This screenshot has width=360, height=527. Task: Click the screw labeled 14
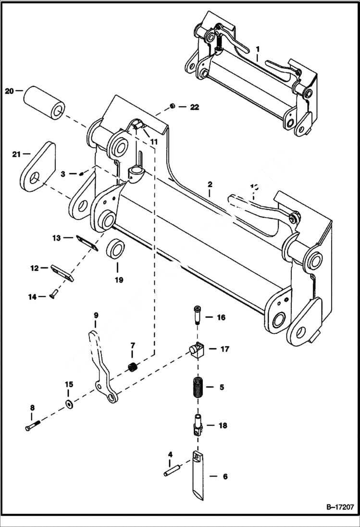pos(53,294)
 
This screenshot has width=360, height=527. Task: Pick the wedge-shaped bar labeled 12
pos(62,272)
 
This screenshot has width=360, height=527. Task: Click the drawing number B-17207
pos(337,507)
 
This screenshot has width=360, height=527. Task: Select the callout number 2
pos(210,184)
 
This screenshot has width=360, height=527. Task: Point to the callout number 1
pos(258,49)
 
